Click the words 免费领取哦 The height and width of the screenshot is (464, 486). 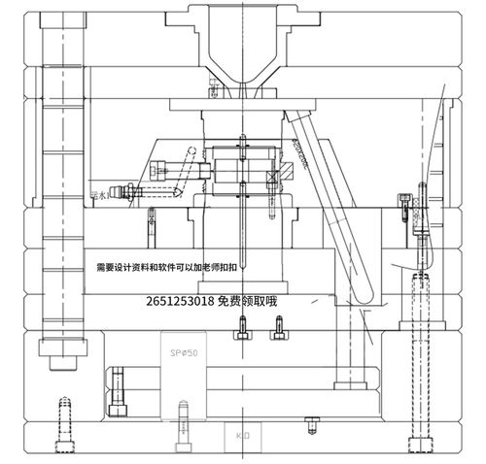tap(249, 302)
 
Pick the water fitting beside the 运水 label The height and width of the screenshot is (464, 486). tap(121, 192)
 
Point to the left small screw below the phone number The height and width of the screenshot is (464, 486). tap(240, 333)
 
